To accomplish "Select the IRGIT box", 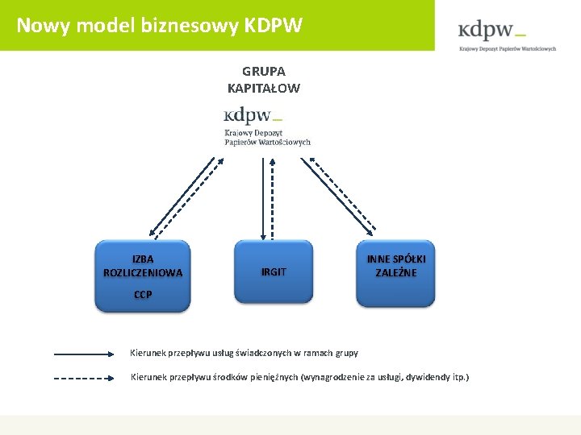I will pos(273,272).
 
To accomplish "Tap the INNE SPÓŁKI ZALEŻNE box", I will pos(395,272).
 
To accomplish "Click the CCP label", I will pos(143,295).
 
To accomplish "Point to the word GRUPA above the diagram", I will pos(263,72).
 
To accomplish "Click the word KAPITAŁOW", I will pos(263,88).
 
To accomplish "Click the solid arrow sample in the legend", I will pos(85,353).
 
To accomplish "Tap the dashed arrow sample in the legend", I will pos(85,377).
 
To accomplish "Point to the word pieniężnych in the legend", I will pos(272,377).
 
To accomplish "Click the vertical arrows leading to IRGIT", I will pos(266,197).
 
